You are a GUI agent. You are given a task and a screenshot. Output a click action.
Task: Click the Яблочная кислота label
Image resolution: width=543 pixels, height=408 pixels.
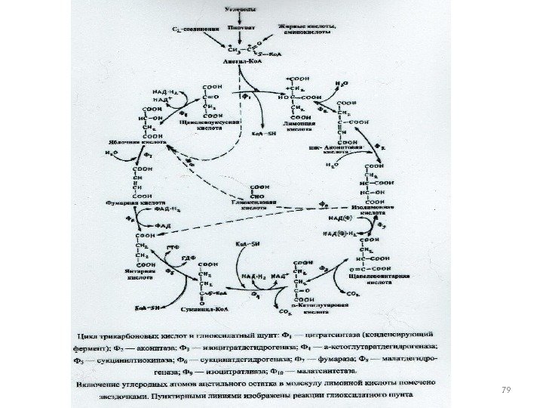coord(142,139)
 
